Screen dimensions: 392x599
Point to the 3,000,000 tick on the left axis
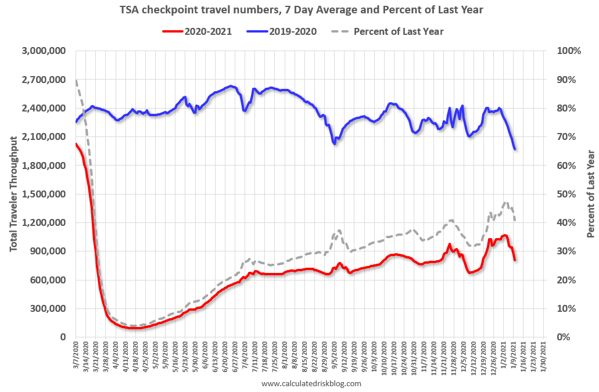[x=45, y=51]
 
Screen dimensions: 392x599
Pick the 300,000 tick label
[x=49, y=308]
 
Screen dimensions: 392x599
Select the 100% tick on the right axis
[x=568, y=51]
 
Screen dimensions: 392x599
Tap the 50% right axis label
[x=566, y=194]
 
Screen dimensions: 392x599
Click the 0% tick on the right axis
[x=564, y=337]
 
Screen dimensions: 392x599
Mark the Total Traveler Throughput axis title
[x=13, y=193]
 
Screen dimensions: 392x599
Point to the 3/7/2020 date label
[x=76, y=356]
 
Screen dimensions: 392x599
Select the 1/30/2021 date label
[x=544, y=356]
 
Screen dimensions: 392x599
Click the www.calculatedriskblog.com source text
[x=311, y=384]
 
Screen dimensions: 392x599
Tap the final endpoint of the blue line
[x=515, y=149]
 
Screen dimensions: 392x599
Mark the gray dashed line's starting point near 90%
[x=76, y=80]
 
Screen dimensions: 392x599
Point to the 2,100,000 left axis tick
[x=45, y=137]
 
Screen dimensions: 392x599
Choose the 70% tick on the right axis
[x=566, y=137]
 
